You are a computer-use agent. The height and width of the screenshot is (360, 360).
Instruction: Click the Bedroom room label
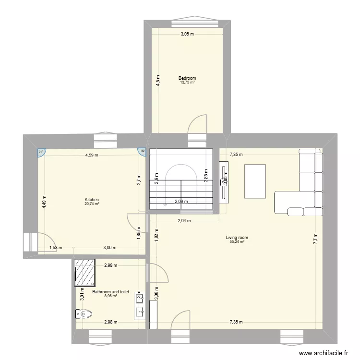(x=187, y=78)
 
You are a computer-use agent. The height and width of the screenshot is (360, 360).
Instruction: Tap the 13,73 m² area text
(x=187, y=83)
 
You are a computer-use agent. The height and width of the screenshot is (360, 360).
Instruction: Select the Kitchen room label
(x=92, y=200)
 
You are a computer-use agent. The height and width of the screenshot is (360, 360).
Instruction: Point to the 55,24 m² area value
(x=237, y=242)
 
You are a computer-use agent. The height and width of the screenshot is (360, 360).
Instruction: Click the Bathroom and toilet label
(x=111, y=291)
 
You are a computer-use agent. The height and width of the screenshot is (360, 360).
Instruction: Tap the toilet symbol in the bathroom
(x=84, y=314)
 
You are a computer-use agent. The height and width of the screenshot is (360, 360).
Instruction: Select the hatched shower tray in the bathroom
(x=85, y=272)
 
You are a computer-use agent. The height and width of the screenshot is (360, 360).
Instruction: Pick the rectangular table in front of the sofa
(x=255, y=181)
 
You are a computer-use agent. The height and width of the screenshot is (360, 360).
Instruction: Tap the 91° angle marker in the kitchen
(x=41, y=152)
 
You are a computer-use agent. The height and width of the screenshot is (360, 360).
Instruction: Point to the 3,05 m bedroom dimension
(x=187, y=34)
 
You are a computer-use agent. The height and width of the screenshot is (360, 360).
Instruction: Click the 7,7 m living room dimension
(x=315, y=239)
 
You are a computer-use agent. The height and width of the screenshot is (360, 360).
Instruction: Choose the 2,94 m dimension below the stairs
(x=184, y=221)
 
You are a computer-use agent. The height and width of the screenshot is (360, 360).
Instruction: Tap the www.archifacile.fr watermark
(x=323, y=353)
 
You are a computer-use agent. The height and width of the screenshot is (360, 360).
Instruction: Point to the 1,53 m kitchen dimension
(x=56, y=248)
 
